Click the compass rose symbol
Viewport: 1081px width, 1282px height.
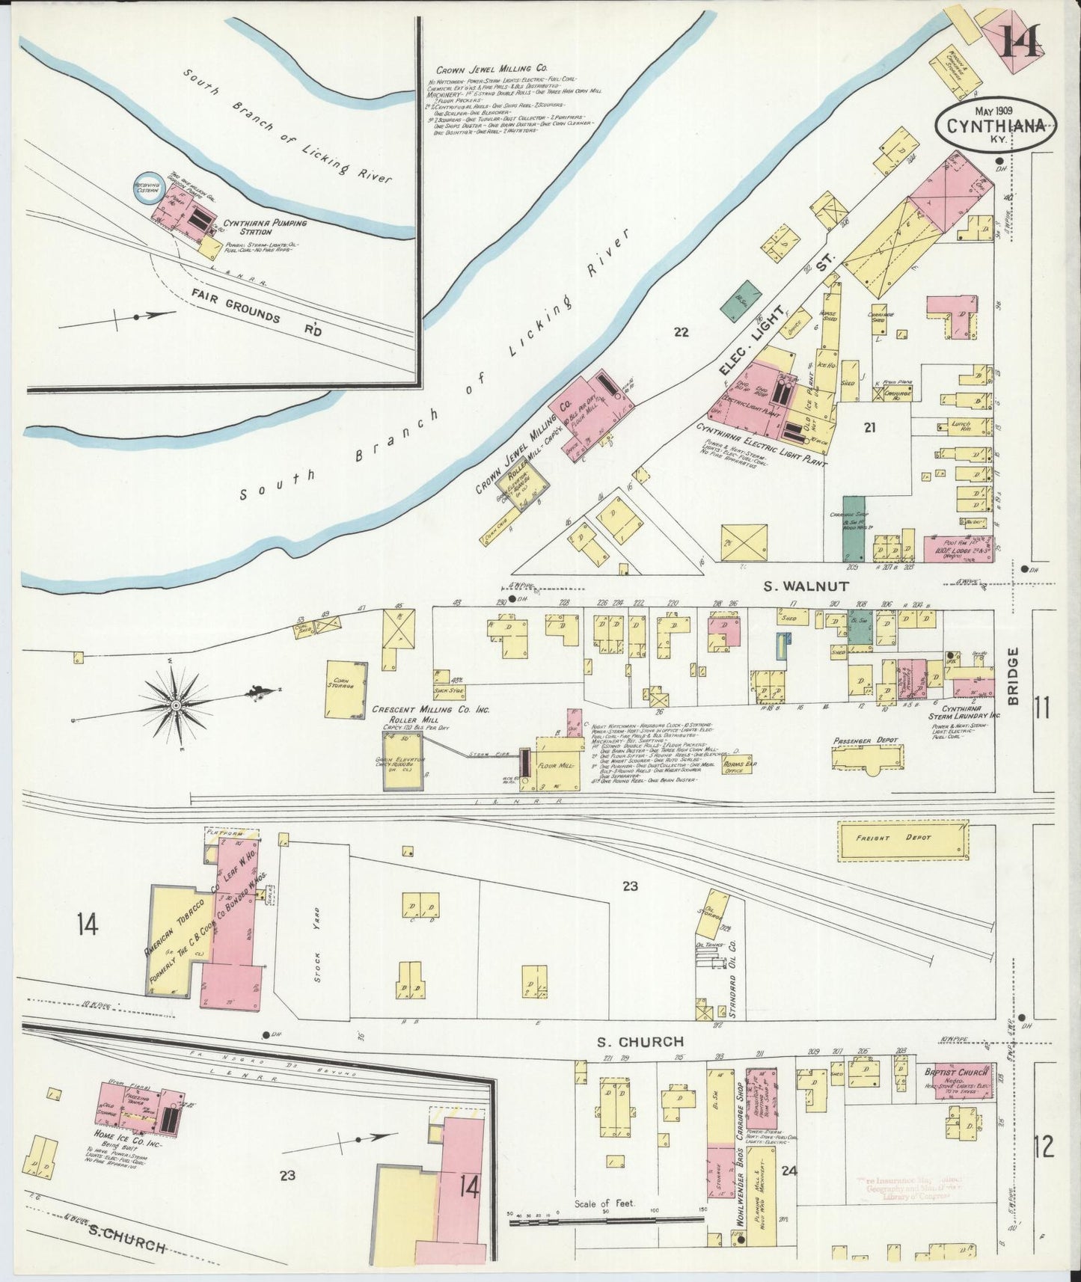coord(176,704)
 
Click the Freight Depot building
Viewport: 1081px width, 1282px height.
coord(901,838)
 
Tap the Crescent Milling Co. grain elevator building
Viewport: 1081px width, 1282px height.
coord(402,760)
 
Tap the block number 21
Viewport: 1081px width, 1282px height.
coord(869,428)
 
